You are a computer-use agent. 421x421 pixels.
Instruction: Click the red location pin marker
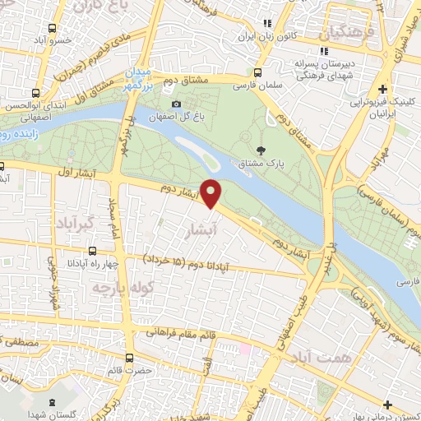click(x=211, y=193)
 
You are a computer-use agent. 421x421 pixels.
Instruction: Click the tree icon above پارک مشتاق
click(x=261, y=150)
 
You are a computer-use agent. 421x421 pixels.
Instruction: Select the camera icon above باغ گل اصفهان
click(x=177, y=104)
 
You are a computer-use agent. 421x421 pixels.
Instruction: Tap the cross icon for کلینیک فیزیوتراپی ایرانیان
click(x=382, y=89)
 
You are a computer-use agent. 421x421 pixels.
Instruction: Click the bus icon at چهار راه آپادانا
click(x=91, y=252)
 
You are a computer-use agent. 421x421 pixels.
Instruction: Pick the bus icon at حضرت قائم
click(x=129, y=358)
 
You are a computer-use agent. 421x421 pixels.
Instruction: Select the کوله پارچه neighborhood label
click(x=111, y=289)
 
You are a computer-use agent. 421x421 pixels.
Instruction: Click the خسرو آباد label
click(x=50, y=39)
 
